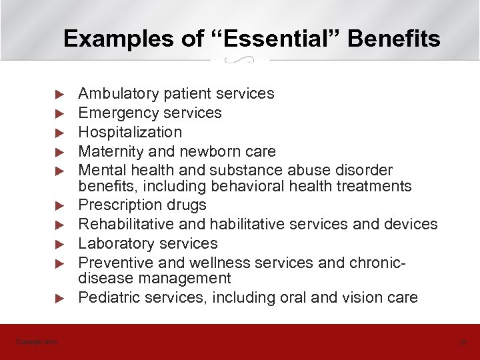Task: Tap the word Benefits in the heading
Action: click(394, 39)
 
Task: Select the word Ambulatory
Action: click(119, 93)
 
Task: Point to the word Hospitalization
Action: click(130, 132)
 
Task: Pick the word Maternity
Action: click(109, 151)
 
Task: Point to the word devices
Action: click(411, 224)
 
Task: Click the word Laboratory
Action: click(113, 243)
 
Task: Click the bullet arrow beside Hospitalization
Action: click(59, 132)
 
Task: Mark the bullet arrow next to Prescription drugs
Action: click(59, 205)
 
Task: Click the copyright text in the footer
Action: click(37, 342)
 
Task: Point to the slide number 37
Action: click(463, 342)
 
